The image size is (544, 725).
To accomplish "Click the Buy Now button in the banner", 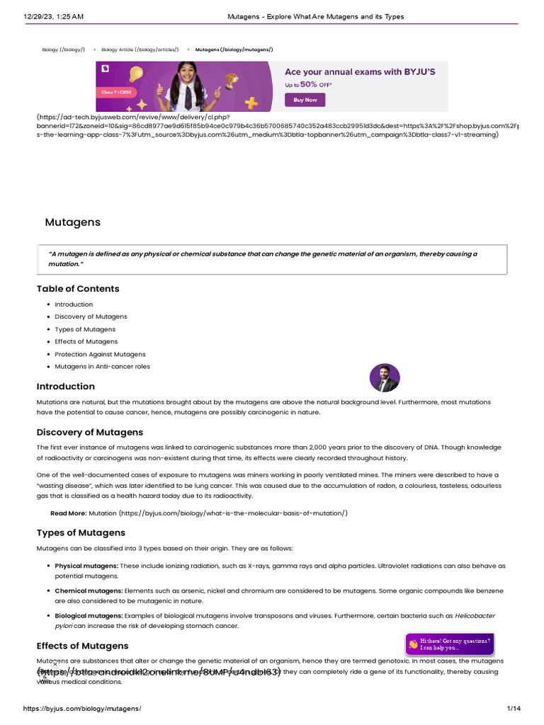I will (x=305, y=100).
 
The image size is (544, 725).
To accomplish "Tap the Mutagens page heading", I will (x=73, y=222).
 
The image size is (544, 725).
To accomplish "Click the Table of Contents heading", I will (x=78, y=289).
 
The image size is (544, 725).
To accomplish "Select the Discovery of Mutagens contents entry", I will (x=91, y=316).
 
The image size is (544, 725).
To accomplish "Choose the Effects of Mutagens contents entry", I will (x=86, y=341).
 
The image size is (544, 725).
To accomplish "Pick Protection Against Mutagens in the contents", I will (x=100, y=354).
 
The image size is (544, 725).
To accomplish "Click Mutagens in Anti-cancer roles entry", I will (x=102, y=366).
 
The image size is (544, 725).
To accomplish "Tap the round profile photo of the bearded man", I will (x=385, y=378).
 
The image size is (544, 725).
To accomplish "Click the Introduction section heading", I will (x=66, y=387).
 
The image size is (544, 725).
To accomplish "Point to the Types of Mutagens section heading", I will (x=81, y=532).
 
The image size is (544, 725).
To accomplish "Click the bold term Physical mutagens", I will (x=86, y=566).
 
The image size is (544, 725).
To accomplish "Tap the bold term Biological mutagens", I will (x=89, y=615).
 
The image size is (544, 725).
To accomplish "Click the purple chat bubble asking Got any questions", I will (x=449, y=644).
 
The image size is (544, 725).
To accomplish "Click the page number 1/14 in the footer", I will (x=514, y=708).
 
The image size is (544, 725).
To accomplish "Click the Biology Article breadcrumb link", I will (x=140, y=50).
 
